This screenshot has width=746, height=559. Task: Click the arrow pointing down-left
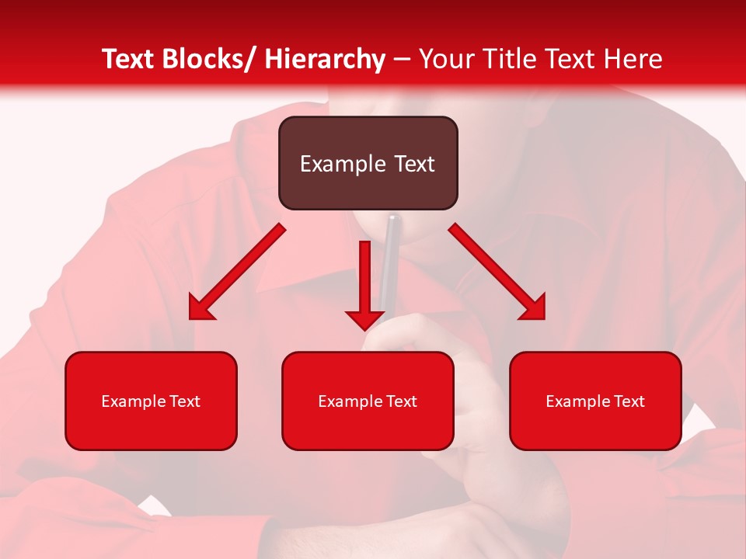tap(237, 272)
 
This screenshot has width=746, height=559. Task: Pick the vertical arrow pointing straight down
tap(365, 283)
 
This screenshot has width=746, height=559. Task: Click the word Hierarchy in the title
tap(325, 59)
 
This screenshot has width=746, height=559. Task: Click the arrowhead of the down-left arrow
tap(200, 308)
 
